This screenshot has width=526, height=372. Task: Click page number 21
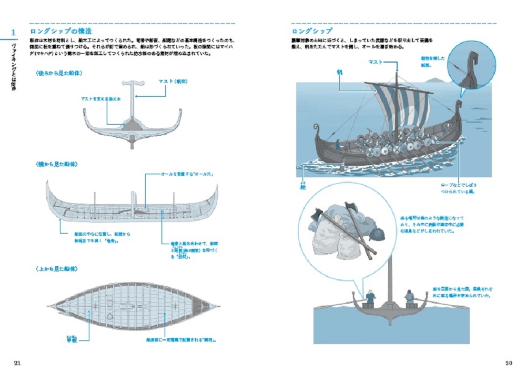(x=17, y=363)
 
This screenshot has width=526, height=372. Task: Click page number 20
(x=508, y=363)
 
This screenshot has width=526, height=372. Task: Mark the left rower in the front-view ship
(x=370, y=297)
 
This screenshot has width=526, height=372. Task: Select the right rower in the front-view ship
(x=408, y=297)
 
